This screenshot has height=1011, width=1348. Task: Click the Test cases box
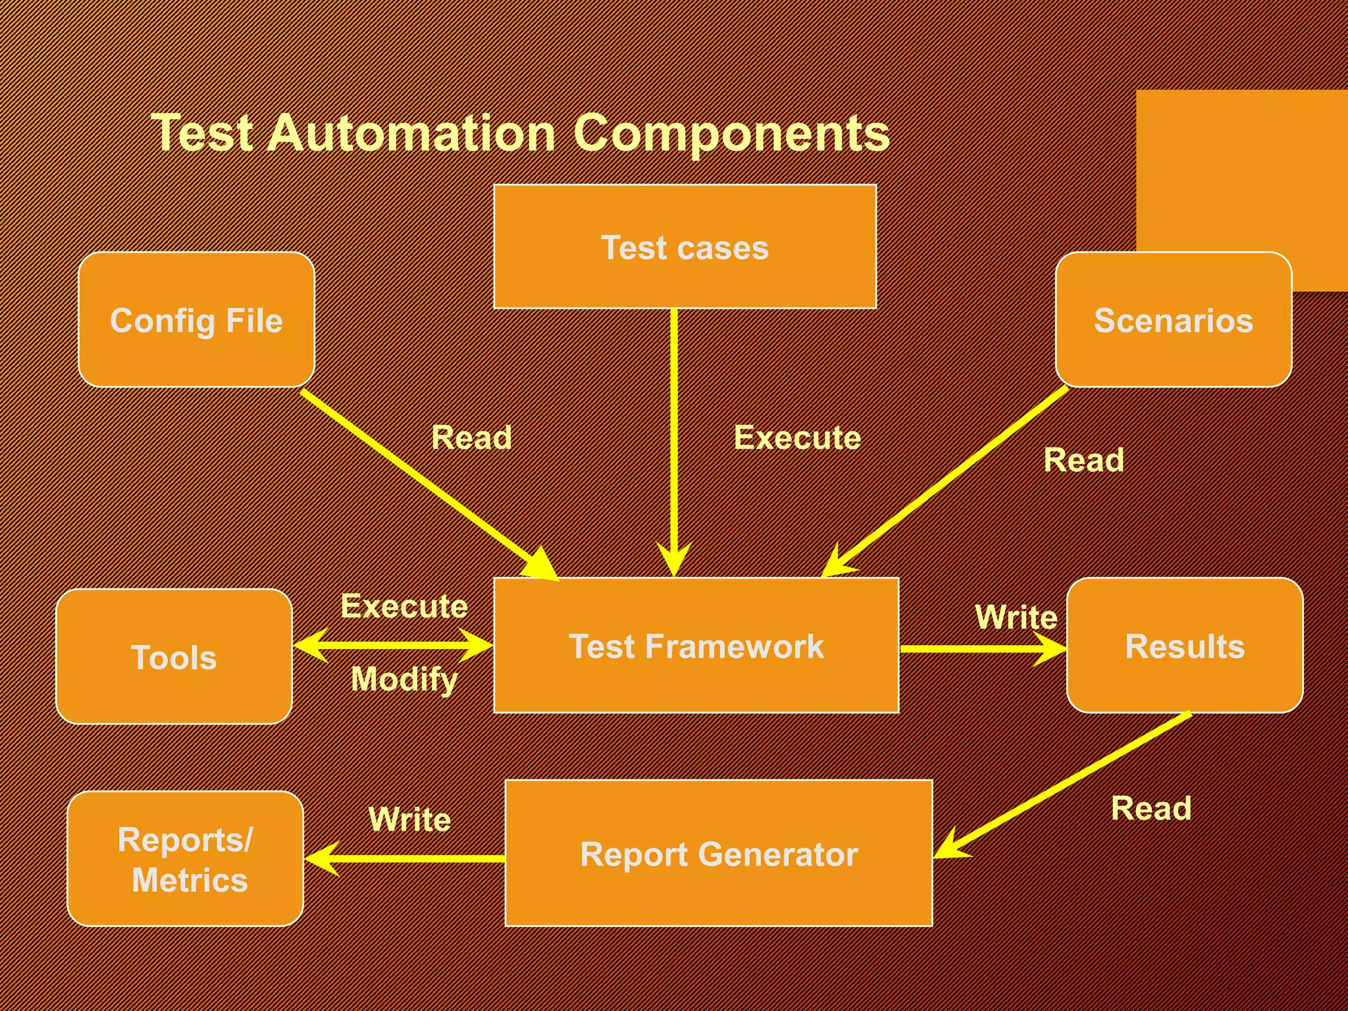(685, 247)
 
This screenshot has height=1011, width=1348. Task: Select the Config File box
(196, 320)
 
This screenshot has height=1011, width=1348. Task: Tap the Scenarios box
(1173, 320)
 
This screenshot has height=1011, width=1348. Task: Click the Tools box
(174, 657)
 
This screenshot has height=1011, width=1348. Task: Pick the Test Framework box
(696, 646)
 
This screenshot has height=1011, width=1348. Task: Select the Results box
(1184, 646)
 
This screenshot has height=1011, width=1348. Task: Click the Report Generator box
(718, 854)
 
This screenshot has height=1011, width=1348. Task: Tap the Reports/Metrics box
(185, 859)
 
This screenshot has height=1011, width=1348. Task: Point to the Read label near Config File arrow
(471, 438)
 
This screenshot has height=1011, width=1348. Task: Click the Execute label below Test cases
(797, 438)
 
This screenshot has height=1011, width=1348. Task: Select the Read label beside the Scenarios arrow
(1083, 460)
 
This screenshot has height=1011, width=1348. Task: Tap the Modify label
(403, 679)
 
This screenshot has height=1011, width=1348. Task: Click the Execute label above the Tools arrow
(403, 606)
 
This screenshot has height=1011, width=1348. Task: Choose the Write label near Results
(1016, 617)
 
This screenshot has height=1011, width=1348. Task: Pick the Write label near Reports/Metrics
(409, 819)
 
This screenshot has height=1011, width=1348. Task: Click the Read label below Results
(1151, 808)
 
